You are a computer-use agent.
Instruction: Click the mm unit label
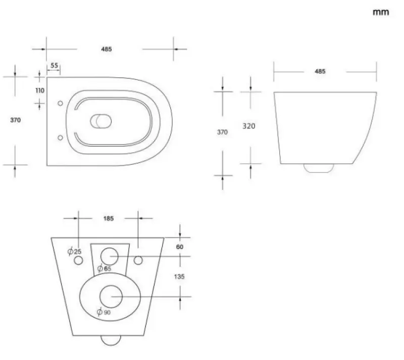coord(381,13)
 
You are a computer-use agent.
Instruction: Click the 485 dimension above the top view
coord(106,49)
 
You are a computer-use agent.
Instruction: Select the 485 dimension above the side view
coord(320,71)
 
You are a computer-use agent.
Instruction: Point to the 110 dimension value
coord(40,91)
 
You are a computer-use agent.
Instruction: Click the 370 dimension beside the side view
coord(222,132)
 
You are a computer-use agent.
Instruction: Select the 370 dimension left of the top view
coord(16,120)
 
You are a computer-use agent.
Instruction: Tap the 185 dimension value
coord(109,218)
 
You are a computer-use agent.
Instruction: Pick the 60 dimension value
coord(180,247)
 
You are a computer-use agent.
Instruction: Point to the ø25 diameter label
coord(74,251)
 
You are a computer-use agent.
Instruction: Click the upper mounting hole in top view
coord(60,103)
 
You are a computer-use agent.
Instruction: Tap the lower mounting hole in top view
coord(60,137)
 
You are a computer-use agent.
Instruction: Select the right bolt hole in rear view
coord(139,260)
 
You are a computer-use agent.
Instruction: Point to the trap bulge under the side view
coord(319,168)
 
